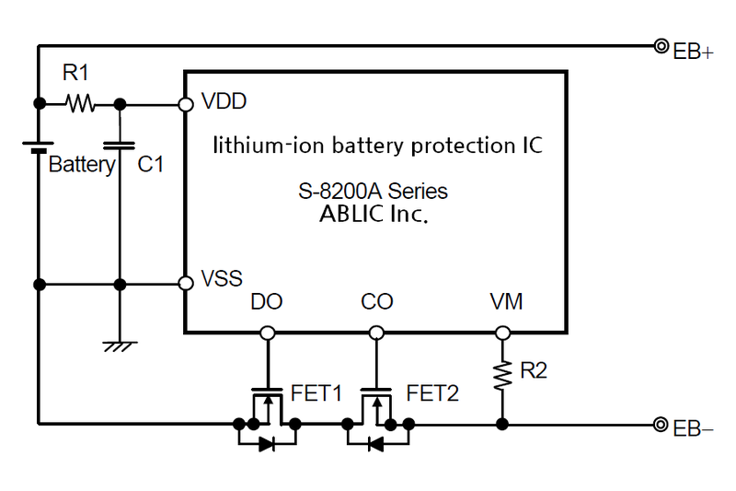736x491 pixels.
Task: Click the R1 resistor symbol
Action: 80,104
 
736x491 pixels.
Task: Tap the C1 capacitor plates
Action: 120,144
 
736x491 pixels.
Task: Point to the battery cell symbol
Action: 39,146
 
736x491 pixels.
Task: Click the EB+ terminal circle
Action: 661,45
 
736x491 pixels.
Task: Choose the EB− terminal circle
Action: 661,425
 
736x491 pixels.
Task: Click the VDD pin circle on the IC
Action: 185,104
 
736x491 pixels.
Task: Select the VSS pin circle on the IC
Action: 185,283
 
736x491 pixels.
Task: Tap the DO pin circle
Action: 267,332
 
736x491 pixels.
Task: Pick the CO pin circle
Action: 375,332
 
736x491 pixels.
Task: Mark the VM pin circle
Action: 502,332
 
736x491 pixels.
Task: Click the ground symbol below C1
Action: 120,345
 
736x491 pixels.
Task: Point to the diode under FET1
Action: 267,444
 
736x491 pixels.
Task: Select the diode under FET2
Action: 375,444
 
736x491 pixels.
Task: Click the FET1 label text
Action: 316,393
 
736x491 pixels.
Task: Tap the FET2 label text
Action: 432,393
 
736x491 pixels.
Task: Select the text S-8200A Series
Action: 374,193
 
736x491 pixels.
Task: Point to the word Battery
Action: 81,166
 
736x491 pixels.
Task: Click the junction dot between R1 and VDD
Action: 120,104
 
